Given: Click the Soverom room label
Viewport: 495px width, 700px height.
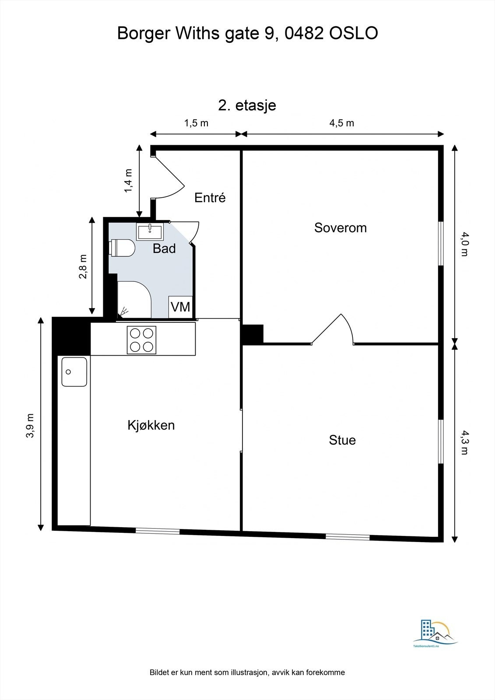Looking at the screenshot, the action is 340,227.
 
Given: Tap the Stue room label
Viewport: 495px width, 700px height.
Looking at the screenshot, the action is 342,440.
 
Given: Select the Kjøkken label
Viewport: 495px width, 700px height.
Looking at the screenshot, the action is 151,425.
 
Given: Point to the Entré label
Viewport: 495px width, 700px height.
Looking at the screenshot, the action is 210,197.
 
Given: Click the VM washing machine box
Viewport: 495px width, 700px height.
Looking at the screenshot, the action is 180,307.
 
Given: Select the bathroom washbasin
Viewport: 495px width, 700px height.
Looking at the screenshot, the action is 150,231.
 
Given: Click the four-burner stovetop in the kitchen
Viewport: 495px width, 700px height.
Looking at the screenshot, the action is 141,340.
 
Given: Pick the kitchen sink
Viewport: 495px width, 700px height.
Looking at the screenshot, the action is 74,372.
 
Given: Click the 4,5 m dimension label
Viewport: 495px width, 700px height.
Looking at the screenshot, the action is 341,123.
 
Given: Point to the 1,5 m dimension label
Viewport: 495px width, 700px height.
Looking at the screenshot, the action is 196,123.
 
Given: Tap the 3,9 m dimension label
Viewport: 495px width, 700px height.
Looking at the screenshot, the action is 30,426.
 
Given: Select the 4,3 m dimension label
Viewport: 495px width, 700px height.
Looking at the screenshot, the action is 464,442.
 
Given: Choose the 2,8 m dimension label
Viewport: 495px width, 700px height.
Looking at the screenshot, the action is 83,266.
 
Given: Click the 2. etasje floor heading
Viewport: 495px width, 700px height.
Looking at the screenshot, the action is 247,105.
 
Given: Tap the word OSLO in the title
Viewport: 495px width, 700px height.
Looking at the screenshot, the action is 354,33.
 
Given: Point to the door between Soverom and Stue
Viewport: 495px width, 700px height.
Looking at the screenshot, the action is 333,330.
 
